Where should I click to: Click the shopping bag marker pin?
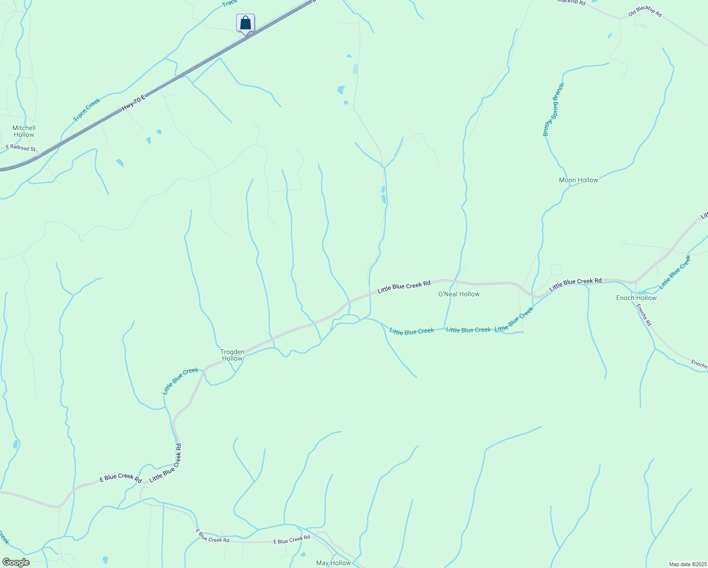pyautogui.click(x=245, y=23)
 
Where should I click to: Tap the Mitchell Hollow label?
pyautogui.click(x=24, y=131)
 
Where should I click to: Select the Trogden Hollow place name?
pyautogui.click(x=232, y=355)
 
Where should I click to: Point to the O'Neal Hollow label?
pyautogui.click(x=459, y=294)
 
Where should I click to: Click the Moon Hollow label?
pyautogui.click(x=578, y=180)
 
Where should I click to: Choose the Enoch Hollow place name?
pyautogui.click(x=636, y=298)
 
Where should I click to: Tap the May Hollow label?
pyautogui.click(x=334, y=563)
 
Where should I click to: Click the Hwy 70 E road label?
pyautogui.click(x=133, y=103)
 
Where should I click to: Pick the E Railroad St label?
pyautogui.click(x=20, y=148)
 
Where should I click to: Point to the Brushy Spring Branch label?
pyautogui.click(x=554, y=110)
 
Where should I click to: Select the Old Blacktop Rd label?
pyautogui.click(x=645, y=12)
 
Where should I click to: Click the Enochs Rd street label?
pyautogui.click(x=644, y=315)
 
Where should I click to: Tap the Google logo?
pyautogui.click(x=16, y=562)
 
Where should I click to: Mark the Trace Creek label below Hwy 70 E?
pyautogui.click(x=87, y=110)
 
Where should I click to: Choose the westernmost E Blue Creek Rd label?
pyautogui.click(x=121, y=479)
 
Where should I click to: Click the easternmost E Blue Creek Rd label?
pyautogui.click(x=292, y=540)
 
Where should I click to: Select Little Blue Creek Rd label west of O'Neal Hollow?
pyautogui.click(x=404, y=287)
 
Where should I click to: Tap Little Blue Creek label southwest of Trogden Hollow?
pyautogui.click(x=180, y=381)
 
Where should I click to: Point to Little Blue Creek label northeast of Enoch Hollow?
pyautogui.click(x=675, y=272)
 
